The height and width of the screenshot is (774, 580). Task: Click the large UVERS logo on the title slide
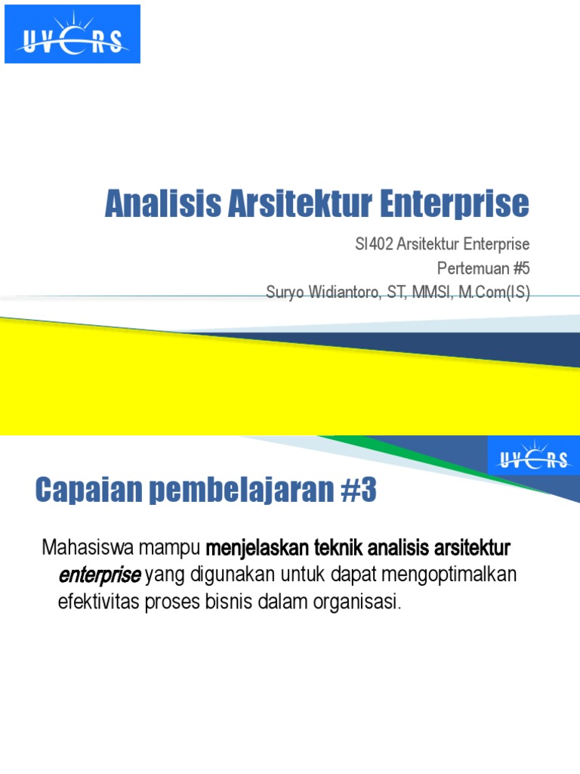[x=72, y=34]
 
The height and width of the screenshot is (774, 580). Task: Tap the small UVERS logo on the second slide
[x=533, y=456]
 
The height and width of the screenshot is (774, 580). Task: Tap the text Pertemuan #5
[x=483, y=268]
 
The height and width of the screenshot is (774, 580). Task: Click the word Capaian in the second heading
[x=81, y=492]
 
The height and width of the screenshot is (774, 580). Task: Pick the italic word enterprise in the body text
[x=99, y=576]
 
